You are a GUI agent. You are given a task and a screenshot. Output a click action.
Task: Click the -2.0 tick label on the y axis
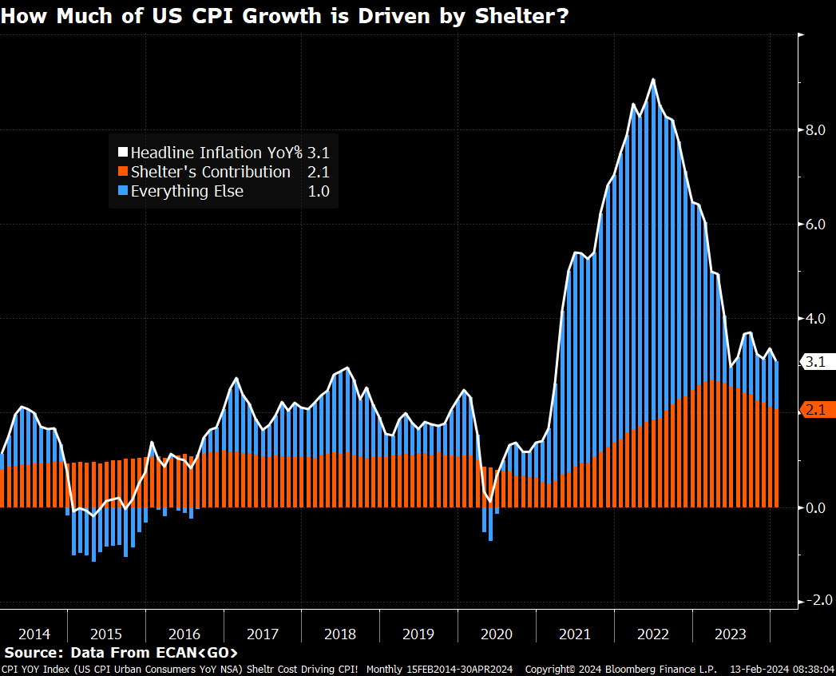click(817, 600)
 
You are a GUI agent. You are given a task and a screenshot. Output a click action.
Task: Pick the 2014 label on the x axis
click(34, 634)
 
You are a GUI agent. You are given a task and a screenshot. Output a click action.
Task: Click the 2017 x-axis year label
click(263, 634)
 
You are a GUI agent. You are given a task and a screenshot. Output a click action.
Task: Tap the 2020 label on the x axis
click(496, 634)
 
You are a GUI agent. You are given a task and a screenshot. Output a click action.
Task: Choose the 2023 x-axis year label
click(730, 634)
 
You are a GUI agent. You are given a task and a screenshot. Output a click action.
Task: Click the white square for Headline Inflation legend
click(122, 153)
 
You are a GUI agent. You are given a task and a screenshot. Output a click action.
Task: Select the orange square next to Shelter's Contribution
click(122, 172)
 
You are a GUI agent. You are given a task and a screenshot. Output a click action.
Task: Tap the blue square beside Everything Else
click(122, 191)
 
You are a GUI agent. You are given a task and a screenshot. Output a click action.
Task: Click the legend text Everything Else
click(187, 191)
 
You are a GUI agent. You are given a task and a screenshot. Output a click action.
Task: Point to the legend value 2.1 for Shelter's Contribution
click(318, 172)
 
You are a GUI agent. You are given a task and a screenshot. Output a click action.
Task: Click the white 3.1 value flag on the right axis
click(816, 362)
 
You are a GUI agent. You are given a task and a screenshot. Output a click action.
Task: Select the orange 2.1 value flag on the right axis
click(816, 410)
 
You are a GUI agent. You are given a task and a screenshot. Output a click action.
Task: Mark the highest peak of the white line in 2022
click(653, 80)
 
